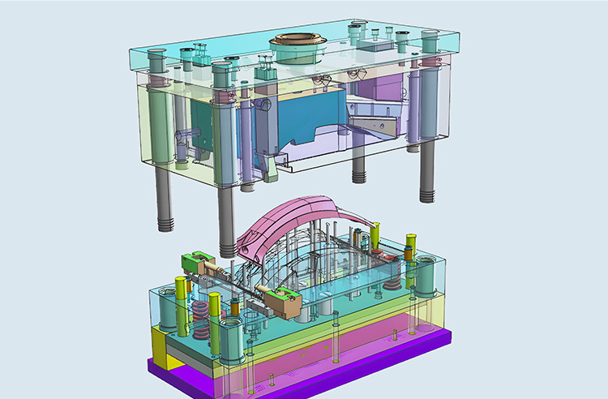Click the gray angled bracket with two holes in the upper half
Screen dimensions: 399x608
377,124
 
